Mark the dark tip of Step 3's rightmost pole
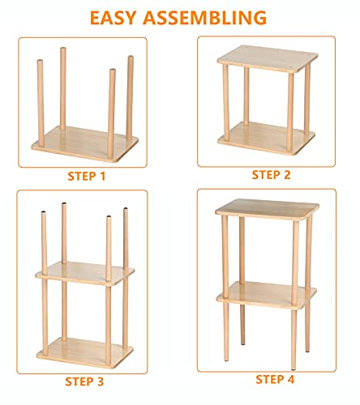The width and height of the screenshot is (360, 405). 126,211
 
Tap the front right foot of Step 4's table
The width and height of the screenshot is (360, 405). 294,354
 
